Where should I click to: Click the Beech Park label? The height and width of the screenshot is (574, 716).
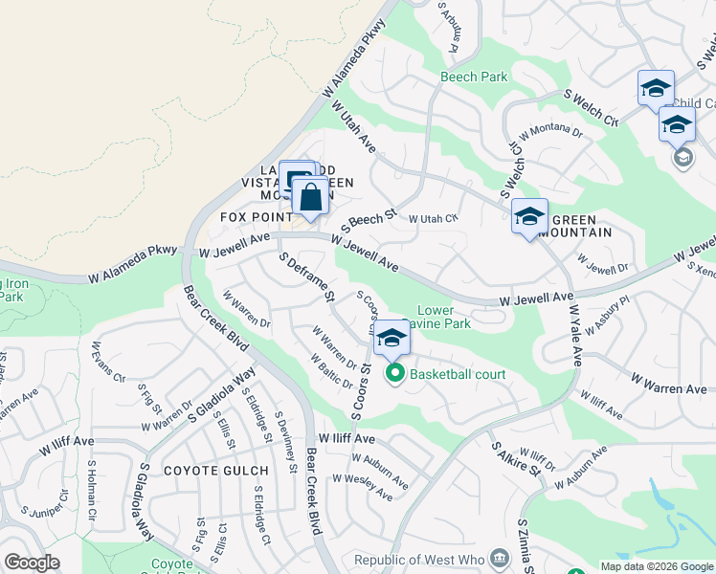pyautogui.click(x=473, y=77)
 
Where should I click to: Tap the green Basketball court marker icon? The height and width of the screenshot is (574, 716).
pyautogui.click(x=394, y=374)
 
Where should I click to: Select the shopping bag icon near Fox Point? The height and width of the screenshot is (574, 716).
pyautogui.click(x=310, y=198)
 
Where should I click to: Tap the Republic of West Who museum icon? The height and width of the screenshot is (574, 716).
pyautogui.click(x=500, y=559)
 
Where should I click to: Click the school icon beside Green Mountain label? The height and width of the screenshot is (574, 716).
pyautogui.click(x=529, y=217)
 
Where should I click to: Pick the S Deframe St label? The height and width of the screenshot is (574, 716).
pyautogui.click(x=305, y=278)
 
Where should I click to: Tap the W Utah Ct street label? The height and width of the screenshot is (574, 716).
pyautogui.click(x=434, y=219)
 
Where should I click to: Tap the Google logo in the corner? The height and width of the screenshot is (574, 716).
pyautogui.click(x=32, y=563)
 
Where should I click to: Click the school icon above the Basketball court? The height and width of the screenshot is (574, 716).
pyautogui.click(x=391, y=338)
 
